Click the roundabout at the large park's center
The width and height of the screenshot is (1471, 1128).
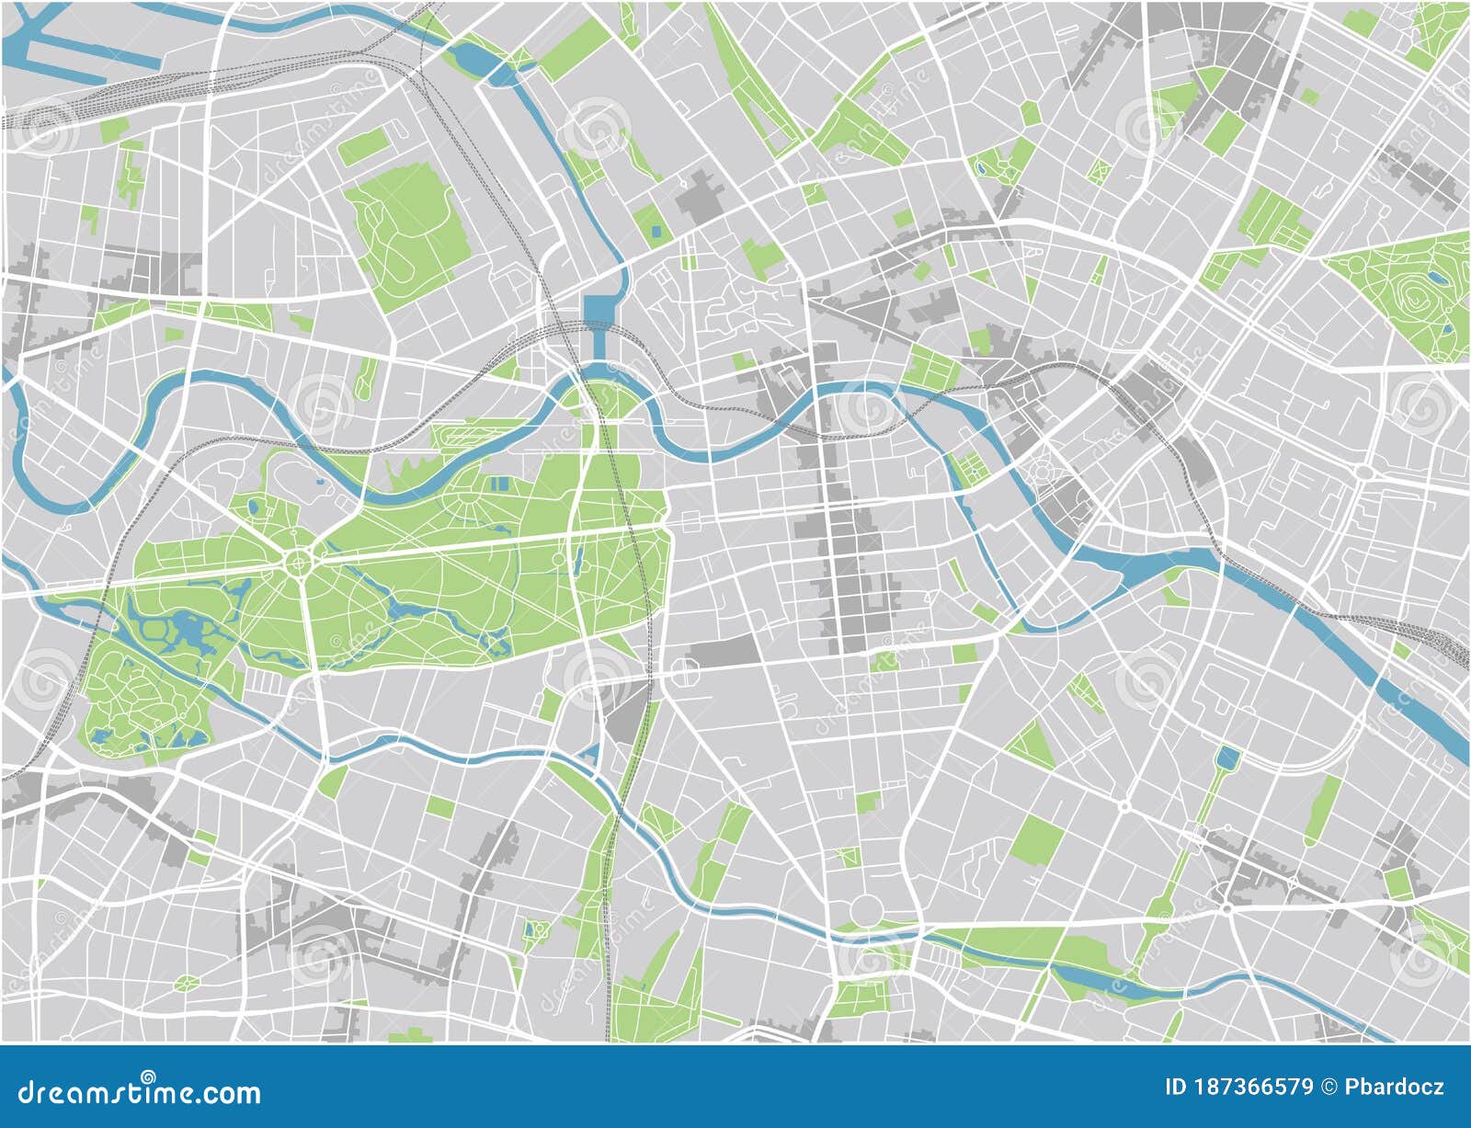pos(299,560)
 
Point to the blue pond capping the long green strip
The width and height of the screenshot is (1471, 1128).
pos(1226,758)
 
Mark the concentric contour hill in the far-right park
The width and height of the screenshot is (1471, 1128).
pos(1412,293)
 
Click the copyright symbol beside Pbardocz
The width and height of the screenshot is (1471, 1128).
pos(1328,1088)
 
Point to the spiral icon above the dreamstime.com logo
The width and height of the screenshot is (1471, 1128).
pos(147,1075)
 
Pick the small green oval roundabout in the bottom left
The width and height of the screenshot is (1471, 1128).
pos(187,984)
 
